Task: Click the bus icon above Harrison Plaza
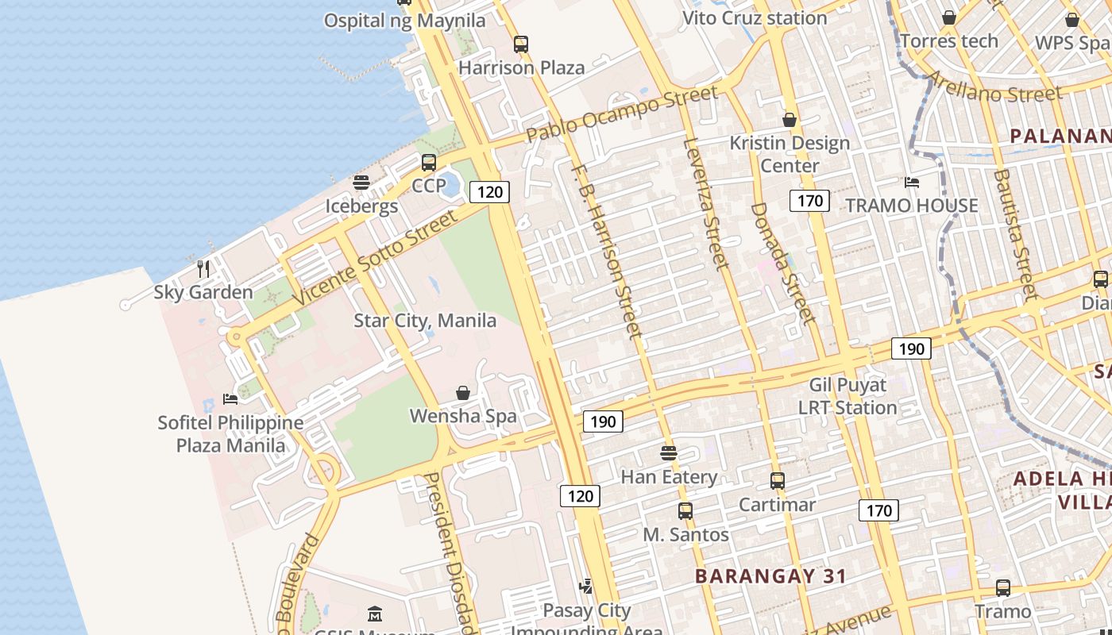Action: (x=521, y=44)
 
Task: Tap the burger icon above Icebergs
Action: (x=361, y=183)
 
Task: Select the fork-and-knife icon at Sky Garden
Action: (x=203, y=268)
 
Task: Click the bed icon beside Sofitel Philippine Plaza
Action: (x=230, y=398)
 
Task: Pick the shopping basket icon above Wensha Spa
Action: (x=463, y=392)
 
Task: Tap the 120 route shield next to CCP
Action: (x=489, y=191)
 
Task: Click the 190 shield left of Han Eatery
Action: (x=603, y=421)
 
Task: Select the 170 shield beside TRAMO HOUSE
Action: (x=809, y=201)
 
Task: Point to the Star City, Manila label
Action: (x=425, y=321)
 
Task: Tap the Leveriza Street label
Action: (x=706, y=203)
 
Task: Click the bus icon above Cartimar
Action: (x=778, y=481)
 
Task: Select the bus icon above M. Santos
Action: (x=685, y=511)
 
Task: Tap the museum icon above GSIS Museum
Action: (x=375, y=614)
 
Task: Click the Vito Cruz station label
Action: (x=755, y=17)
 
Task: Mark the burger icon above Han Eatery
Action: (x=669, y=453)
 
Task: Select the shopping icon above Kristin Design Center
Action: (x=790, y=120)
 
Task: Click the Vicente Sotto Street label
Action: (x=376, y=257)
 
